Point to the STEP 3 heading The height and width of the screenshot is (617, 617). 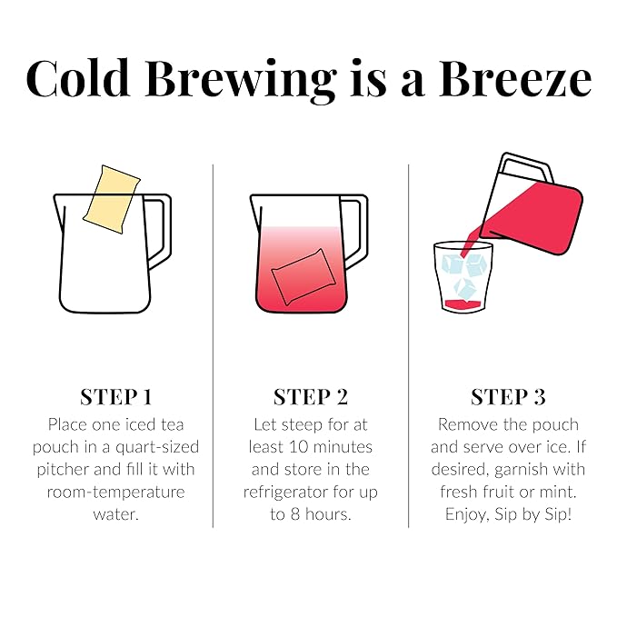(508, 397)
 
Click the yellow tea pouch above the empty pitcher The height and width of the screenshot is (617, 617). (111, 194)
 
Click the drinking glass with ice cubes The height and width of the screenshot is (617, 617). (463, 277)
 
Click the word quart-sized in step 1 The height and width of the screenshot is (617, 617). (157, 446)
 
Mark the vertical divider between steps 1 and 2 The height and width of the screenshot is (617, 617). (213, 345)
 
